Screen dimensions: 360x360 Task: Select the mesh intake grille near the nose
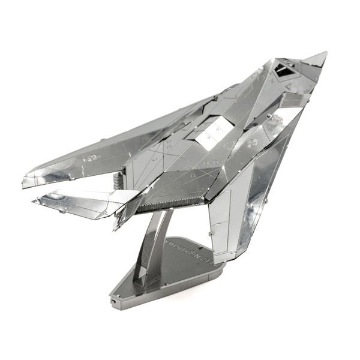click(292, 99)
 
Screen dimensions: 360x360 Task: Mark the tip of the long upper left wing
click(25, 181)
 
